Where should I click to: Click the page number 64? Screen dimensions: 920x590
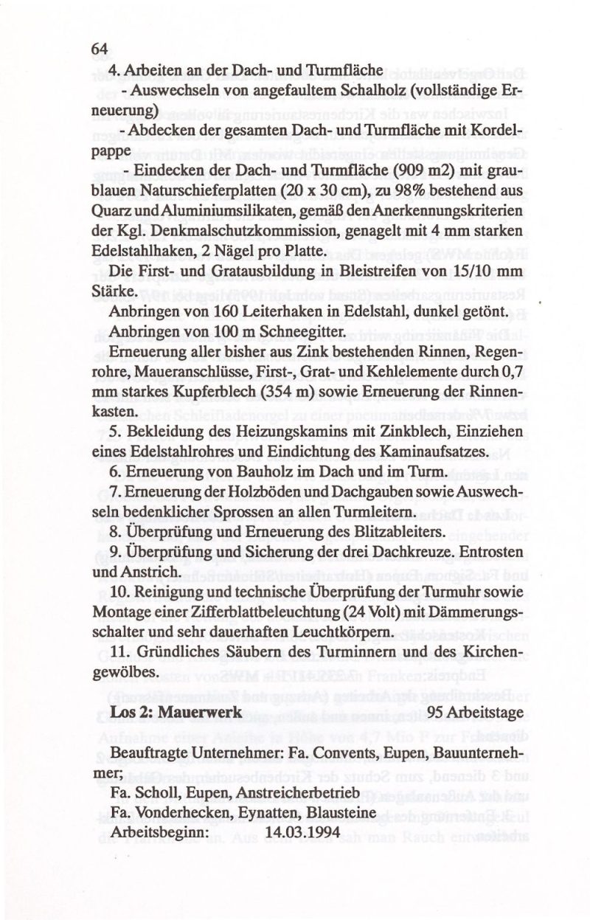100,49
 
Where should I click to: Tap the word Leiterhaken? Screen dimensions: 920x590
271,313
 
